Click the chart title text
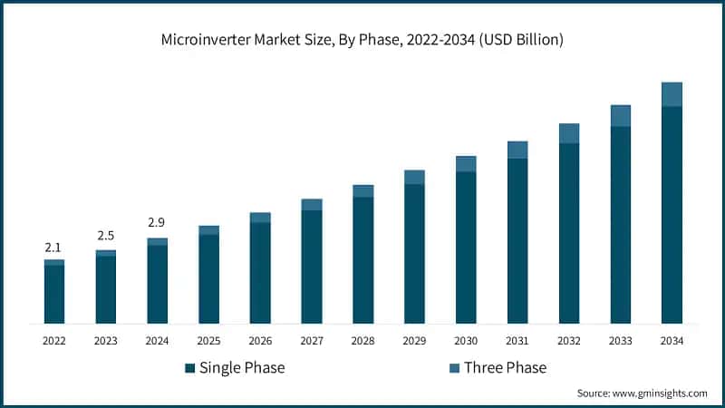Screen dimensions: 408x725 [362, 39]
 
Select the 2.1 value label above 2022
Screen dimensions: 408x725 [54, 248]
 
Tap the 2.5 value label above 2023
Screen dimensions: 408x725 [106, 236]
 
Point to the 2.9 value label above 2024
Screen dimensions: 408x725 [157, 222]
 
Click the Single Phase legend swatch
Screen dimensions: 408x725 [190, 368]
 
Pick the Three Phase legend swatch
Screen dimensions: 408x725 [454, 368]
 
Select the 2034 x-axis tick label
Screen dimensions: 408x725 [672, 341]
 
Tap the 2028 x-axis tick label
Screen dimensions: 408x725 [362, 341]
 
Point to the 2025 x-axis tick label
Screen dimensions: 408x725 [208, 341]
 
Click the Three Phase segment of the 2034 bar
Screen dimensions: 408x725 [672, 94]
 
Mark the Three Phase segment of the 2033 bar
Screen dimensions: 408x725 [620, 115]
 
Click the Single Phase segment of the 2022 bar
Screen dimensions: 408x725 [54, 294]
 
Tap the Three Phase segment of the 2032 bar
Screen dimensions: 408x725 [569, 133]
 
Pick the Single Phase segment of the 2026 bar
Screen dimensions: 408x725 [260, 273]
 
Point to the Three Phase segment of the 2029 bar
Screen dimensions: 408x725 [414, 177]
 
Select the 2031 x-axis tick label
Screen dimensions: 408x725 [517, 341]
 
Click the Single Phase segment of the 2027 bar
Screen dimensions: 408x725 [312, 267]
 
